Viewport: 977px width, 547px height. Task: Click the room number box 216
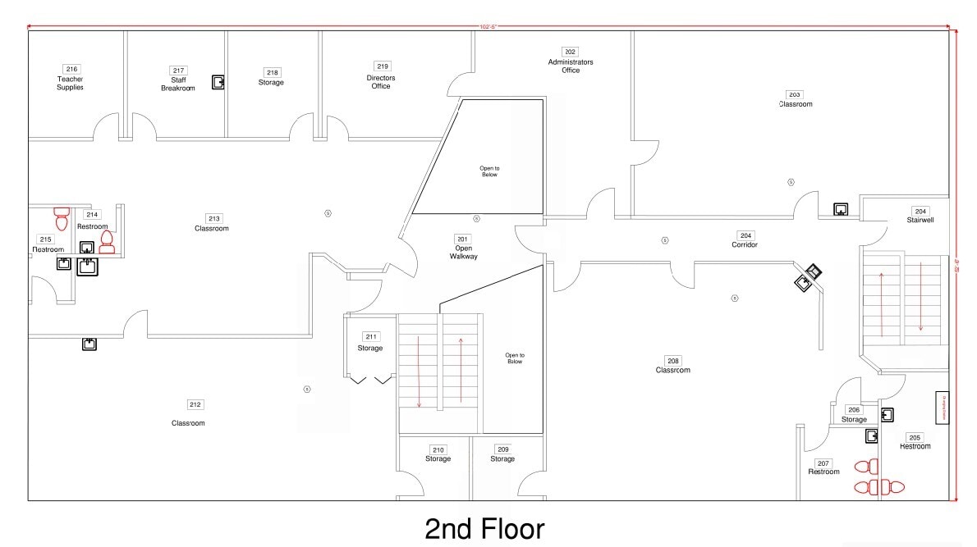pyautogui.click(x=71, y=69)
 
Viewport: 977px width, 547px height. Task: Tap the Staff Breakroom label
pyautogui.click(x=178, y=84)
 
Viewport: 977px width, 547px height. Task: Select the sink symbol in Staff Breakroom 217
pyautogui.click(x=218, y=82)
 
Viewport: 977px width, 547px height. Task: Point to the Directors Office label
pyautogui.click(x=381, y=82)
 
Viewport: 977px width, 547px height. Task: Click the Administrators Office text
pyautogui.click(x=571, y=66)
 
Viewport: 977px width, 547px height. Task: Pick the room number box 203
pyautogui.click(x=795, y=94)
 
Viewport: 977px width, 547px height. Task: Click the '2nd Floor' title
pyautogui.click(x=484, y=529)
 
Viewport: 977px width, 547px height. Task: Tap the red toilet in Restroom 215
pyautogui.click(x=62, y=218)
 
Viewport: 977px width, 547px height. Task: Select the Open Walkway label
pyautogui.click(x=463, y=253)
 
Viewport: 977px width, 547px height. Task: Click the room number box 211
pyautogui.click(x=371, y=337)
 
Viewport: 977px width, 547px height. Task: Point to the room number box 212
pyautogui.click(x=195, y=404)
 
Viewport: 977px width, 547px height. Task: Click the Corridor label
pyautogui.click(x=745, y=245)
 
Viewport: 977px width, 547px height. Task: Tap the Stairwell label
pyautogui.click(x=920, y=220)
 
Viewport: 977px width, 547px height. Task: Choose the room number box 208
pyautogui.click(x=673, y=360)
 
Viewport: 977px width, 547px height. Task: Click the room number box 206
pyautogui.click(x=854, y=410)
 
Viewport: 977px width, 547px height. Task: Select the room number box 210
pyautogui.click(x=438, y=449)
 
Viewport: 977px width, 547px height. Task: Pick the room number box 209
pyautogui.click(x=502, y=449)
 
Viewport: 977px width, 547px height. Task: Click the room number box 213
pyautogui.click(x=213, y=219)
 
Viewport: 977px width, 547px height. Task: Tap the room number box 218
pyautogui.click(x=272, y=72)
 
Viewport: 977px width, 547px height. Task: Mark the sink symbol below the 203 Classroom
pyautogui.click(x=841, y=209)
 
